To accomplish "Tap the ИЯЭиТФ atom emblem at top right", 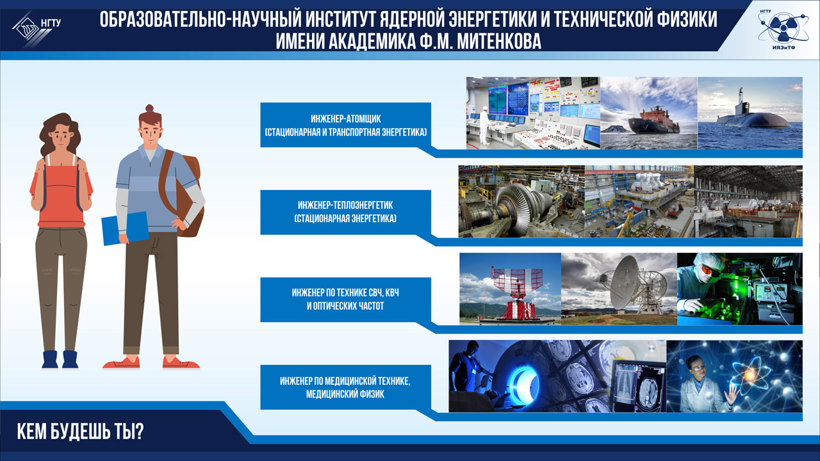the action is [x=783, y=28].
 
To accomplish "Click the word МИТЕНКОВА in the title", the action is [x=499, y=41].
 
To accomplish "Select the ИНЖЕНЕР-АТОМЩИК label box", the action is [x=345, y=125].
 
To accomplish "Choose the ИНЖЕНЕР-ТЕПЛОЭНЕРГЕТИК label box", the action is [x=345, y=212].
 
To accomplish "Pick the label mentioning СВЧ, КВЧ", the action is [x=345, y=300].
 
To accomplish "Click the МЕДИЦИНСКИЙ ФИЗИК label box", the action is [x=345, y=387].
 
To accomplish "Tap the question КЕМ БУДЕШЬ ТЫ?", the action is [x=80, y=432].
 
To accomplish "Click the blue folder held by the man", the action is [x=125, y=228].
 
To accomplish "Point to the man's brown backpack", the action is [x=183, y=194].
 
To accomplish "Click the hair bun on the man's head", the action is [x=149, y=108].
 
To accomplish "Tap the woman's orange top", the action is [x=61, y=194].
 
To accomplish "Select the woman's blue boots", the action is [x=60, y=359].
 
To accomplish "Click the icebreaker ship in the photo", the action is [x=654, y=121].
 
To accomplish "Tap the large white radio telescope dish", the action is [x=627, y=282].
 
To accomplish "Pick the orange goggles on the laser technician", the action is [x=709, y=271].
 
